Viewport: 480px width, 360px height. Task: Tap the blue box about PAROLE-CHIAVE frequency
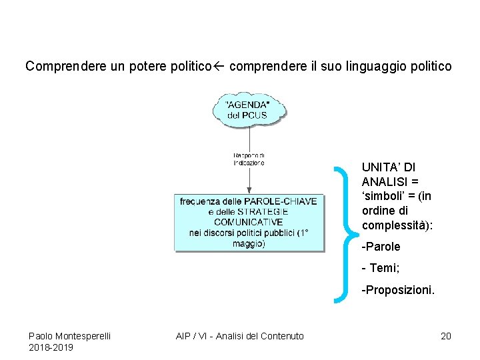(249, 222)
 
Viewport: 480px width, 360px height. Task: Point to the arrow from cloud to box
(249, 177)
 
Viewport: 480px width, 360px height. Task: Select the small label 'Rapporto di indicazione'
(249, 159)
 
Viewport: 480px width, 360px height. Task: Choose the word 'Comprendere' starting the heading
(59, 67)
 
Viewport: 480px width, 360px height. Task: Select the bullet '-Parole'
(381, 247)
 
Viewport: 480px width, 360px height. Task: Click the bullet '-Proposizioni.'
(398, 291)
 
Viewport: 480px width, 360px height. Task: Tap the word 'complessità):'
(397, 225)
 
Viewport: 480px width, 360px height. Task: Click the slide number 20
(446, 336)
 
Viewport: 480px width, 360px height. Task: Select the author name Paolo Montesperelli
(70, 336)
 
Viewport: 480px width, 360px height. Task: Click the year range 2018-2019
(51, 347)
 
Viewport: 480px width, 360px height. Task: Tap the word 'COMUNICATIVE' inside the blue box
(248, 222)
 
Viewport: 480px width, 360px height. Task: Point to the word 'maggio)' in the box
(249, 243)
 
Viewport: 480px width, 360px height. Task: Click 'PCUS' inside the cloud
(256, 115)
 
